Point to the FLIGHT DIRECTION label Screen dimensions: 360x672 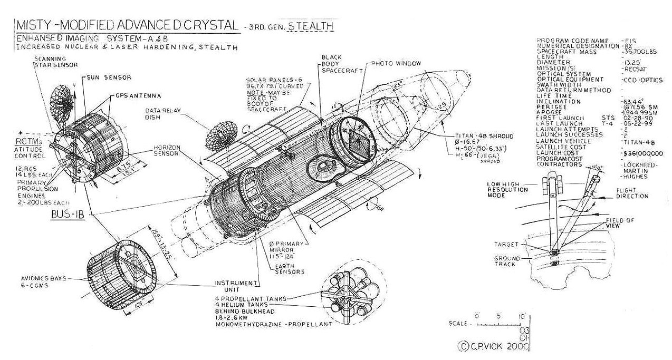[632, 193]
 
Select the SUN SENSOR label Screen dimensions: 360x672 [112, 77]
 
